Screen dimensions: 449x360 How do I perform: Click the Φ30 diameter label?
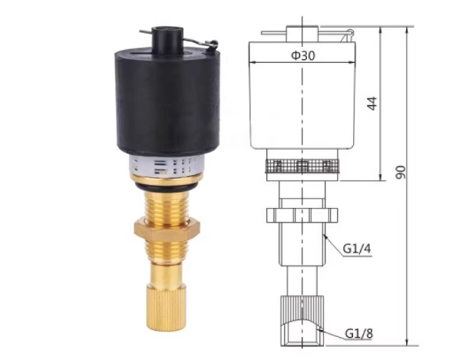pyautogui.click(x=303, y=55)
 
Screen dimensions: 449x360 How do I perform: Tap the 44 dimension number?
pyautogui.click(x=372, y=104)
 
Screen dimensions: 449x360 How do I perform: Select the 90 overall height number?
pyautogui.click(x=401, y=172)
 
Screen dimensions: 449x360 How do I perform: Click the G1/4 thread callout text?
pyautogui.click(x=356, y=249)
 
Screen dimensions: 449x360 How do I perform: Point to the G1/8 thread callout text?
pyautogui.click(x=358, y=333)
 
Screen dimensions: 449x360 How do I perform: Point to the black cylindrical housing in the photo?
pyautogui.click(x=167, y=101)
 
